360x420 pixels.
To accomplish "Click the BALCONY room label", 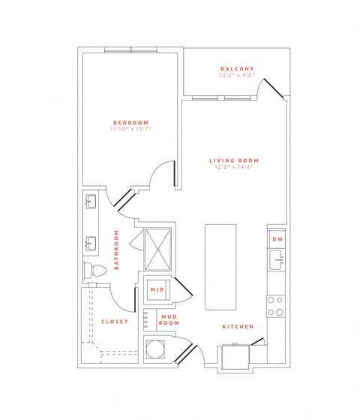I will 234,68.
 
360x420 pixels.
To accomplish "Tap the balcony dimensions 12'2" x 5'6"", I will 234,76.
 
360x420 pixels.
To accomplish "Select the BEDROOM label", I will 130,122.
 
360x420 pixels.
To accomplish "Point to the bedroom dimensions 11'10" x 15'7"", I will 130,130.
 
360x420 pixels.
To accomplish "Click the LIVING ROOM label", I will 234,160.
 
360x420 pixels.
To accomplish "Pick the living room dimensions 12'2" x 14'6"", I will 234,167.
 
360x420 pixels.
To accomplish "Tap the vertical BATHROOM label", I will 117,250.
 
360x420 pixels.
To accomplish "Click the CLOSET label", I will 114,322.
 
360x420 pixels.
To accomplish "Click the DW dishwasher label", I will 277,239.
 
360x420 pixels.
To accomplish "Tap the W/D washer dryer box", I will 157,289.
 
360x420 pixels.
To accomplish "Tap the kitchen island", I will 219,266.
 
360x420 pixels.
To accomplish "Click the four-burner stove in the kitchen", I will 275,305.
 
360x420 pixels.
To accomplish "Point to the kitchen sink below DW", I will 275,261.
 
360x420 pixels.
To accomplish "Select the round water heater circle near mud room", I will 156,350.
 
